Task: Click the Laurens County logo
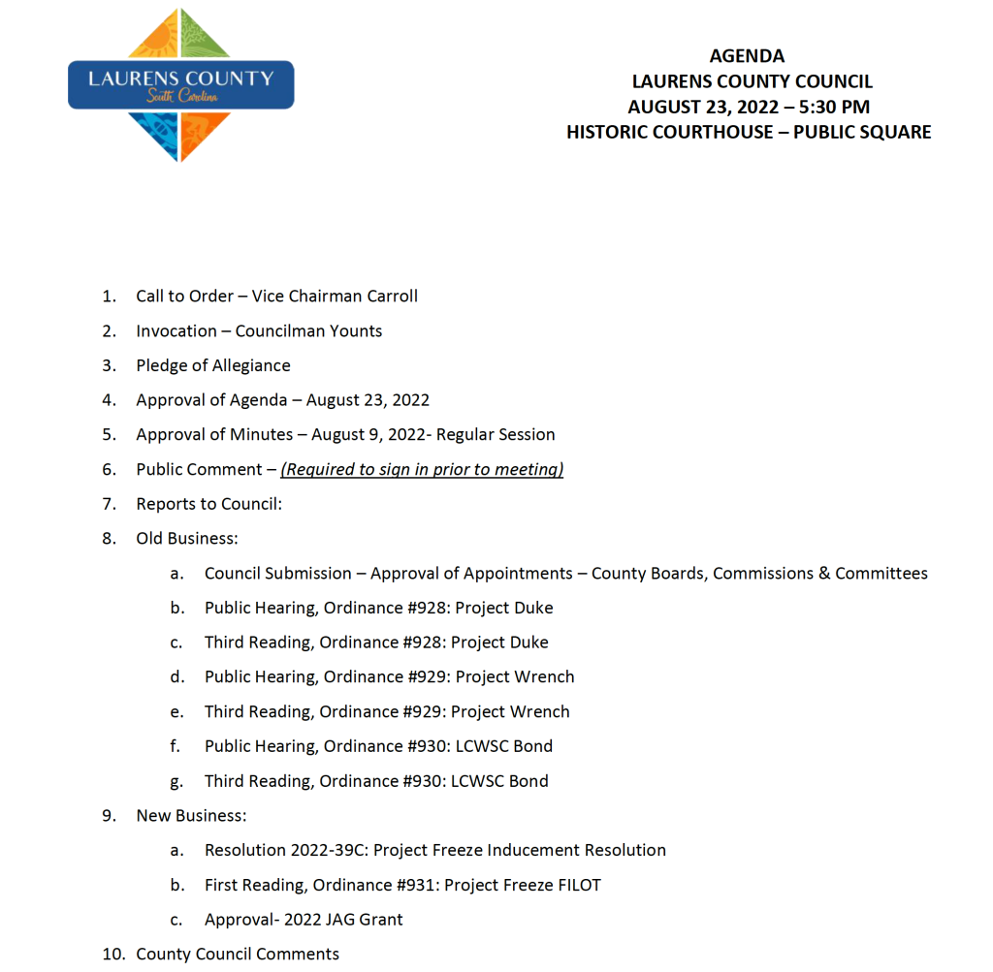(x=180, y=85)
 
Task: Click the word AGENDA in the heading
(x=747, y=56)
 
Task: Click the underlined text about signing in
(x=422, y=470)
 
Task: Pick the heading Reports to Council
(x=208, y=504)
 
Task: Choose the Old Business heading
(x=186, y=539)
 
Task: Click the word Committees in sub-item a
(x=881, y=574)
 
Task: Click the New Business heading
(x=191, y=816)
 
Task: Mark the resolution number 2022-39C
(x=328, y=851)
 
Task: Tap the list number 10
(x=113, y=955)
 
